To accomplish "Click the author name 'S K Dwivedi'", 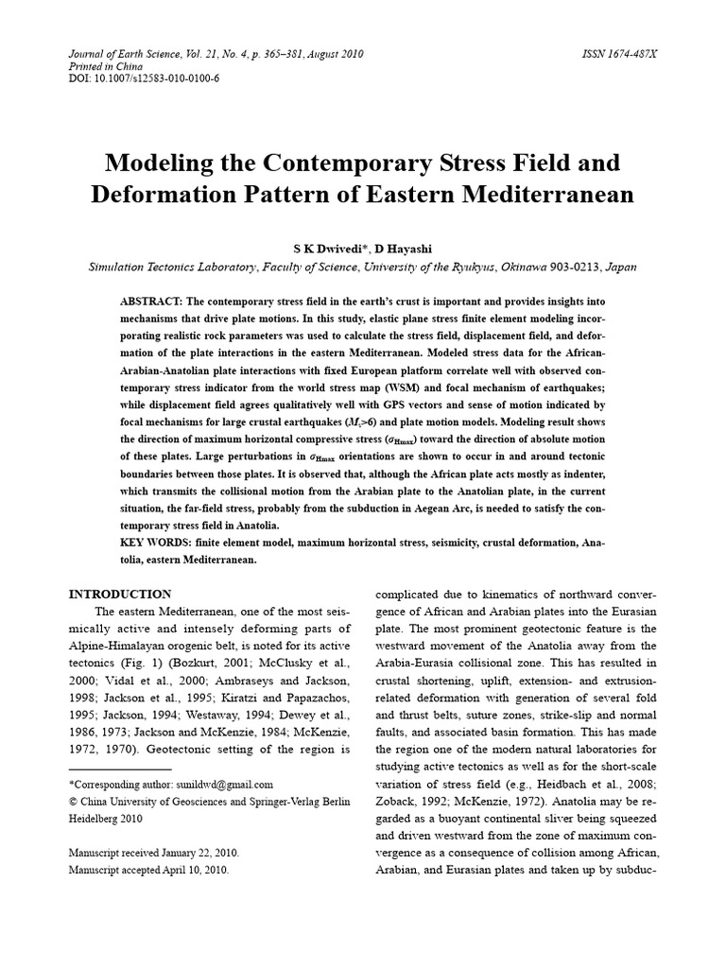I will pos(312,248).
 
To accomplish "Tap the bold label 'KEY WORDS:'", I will pos(155,543).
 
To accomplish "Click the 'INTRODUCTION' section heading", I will pos(120,595).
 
